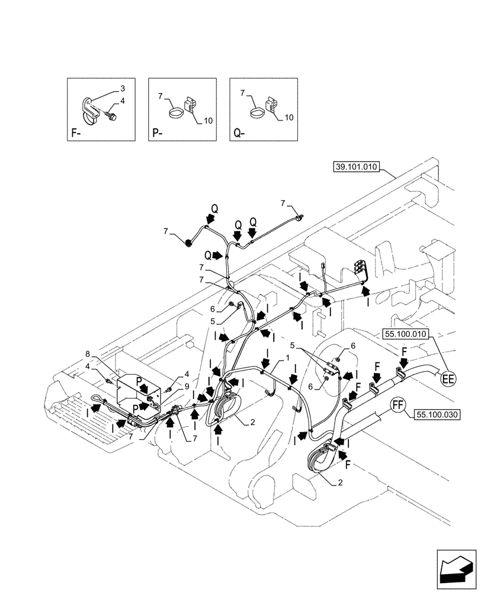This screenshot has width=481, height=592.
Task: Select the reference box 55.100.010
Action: click(x=405, y=334)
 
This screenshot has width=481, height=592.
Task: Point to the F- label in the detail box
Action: click(x=76, y=133)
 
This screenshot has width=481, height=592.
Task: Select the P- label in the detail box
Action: click(x=158, y=133)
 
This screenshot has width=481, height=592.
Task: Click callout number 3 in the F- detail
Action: click(x=123, y=89)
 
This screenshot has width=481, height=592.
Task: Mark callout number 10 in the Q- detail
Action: click(x=290, y=118)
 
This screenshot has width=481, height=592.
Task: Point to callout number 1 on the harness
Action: click(x=287, y=359)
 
